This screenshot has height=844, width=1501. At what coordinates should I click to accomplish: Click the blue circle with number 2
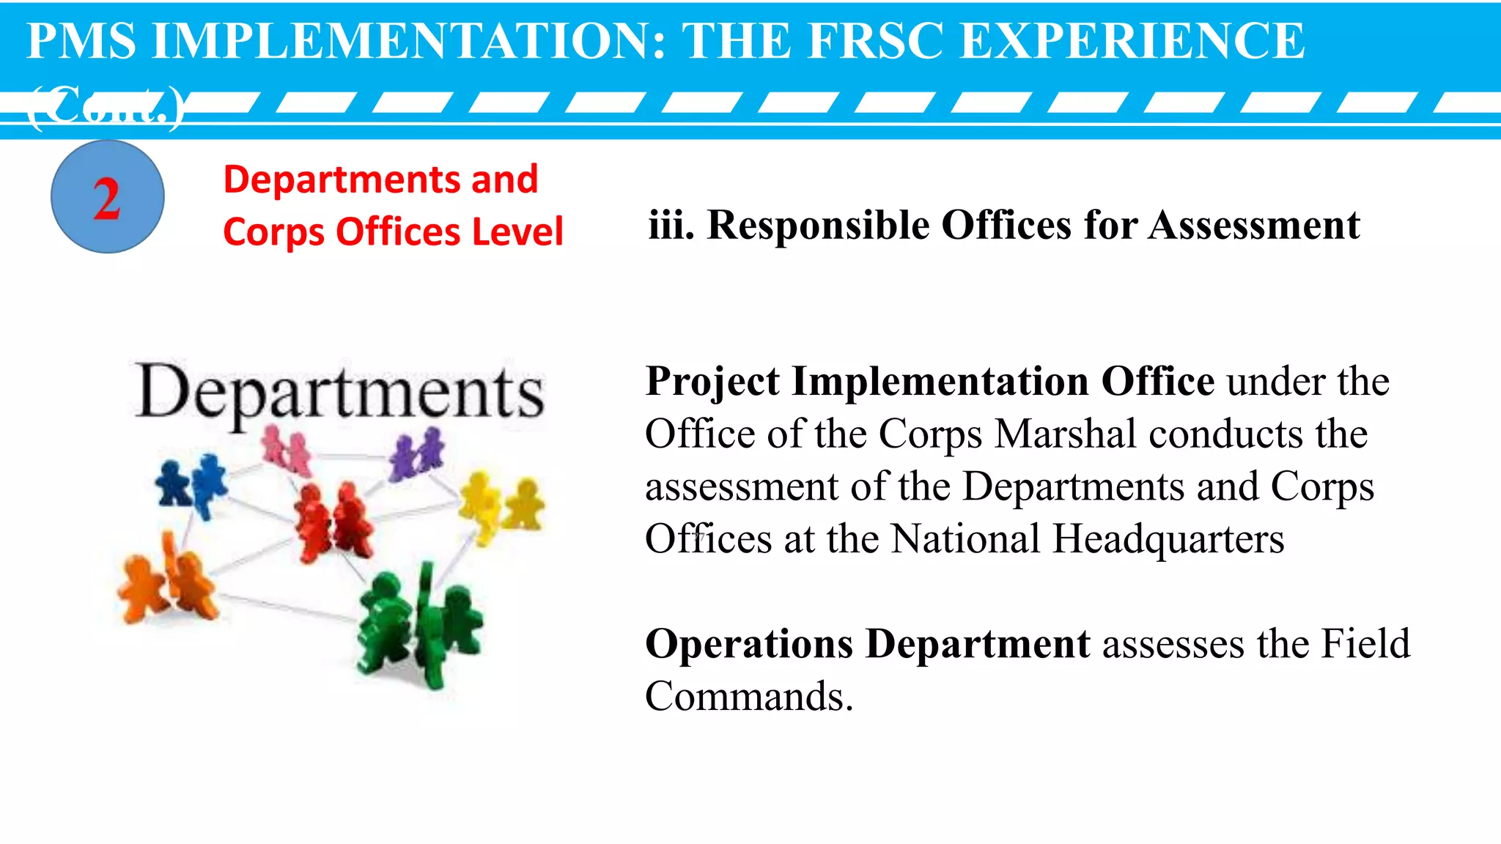(107, 197)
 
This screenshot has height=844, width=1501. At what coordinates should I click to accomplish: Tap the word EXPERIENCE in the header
(1132, 41)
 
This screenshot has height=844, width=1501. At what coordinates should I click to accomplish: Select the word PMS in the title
(81, 41)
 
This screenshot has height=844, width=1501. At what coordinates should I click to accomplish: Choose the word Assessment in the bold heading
(1254, 225)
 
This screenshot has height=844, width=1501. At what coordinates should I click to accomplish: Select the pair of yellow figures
(502, 506)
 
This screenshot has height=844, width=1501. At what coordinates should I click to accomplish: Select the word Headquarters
(1168, 539)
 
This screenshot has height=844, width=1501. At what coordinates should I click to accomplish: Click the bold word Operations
(749, 644)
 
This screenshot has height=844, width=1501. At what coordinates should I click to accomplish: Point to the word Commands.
(749, 696)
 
